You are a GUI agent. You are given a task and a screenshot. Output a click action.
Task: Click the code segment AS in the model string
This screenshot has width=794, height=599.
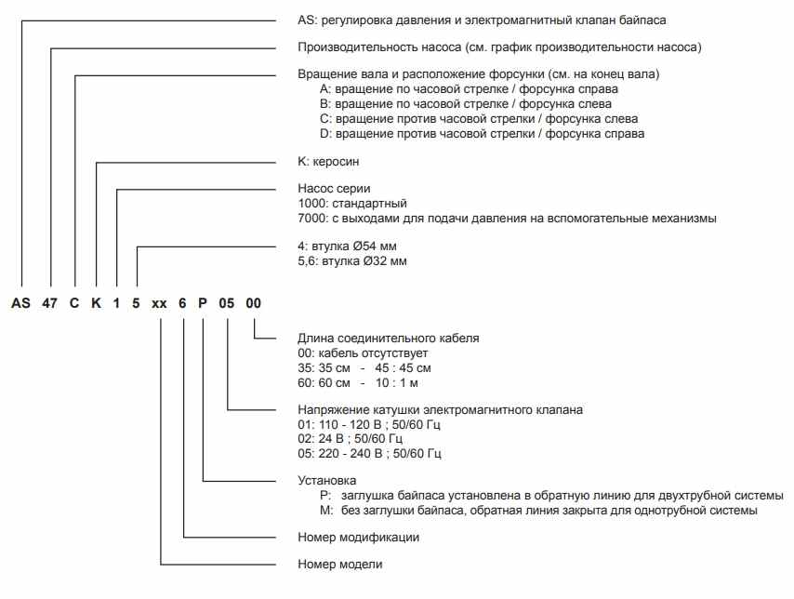pos(20,302)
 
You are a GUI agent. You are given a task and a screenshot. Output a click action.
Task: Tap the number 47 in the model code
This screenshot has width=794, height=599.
pos(51,302)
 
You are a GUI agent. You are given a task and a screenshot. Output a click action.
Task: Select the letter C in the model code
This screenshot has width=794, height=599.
pos(74,302)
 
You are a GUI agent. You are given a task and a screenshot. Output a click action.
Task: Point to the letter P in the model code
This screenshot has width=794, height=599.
pos(204,302)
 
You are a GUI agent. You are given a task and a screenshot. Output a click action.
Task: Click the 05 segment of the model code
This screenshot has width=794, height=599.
pos(228,302)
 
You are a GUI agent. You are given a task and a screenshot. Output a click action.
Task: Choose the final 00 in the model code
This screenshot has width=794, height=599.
pos(254,302)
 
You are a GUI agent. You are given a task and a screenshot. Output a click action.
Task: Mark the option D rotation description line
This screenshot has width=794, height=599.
pos(482,133)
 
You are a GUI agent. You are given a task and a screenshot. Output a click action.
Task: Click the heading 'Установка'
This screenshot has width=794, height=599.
pos(327,480)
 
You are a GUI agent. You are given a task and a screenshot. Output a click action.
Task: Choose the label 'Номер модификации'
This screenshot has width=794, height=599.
pos(358,537)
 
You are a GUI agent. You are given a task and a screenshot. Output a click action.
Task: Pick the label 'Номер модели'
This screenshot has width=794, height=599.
pos(339,565)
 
